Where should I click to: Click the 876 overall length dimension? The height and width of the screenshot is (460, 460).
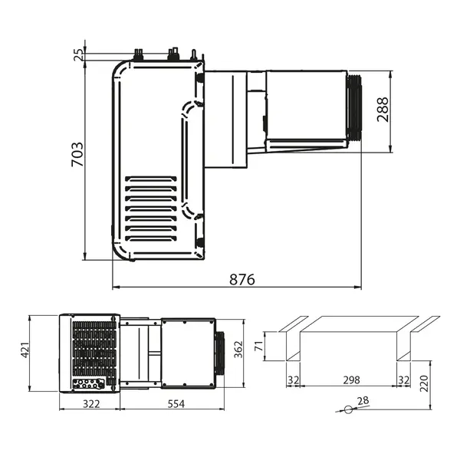pyautogui.click(x=242, y=279)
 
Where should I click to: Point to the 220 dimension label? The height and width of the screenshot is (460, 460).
pyautogui.click(x=425, y=381)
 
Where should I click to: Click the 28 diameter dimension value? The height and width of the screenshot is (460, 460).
pyautogui.click(x=363, y=401)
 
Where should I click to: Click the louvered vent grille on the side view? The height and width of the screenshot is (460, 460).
pyautogui.click(x=151, y=208)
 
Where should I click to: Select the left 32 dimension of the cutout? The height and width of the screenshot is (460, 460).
pyautogui.click(x=293, y=379)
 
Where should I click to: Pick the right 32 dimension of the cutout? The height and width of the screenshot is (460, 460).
pyautogui.click(x=404, y=379)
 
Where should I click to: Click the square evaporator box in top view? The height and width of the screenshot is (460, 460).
pyautogui.click(x=187, y=352)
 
